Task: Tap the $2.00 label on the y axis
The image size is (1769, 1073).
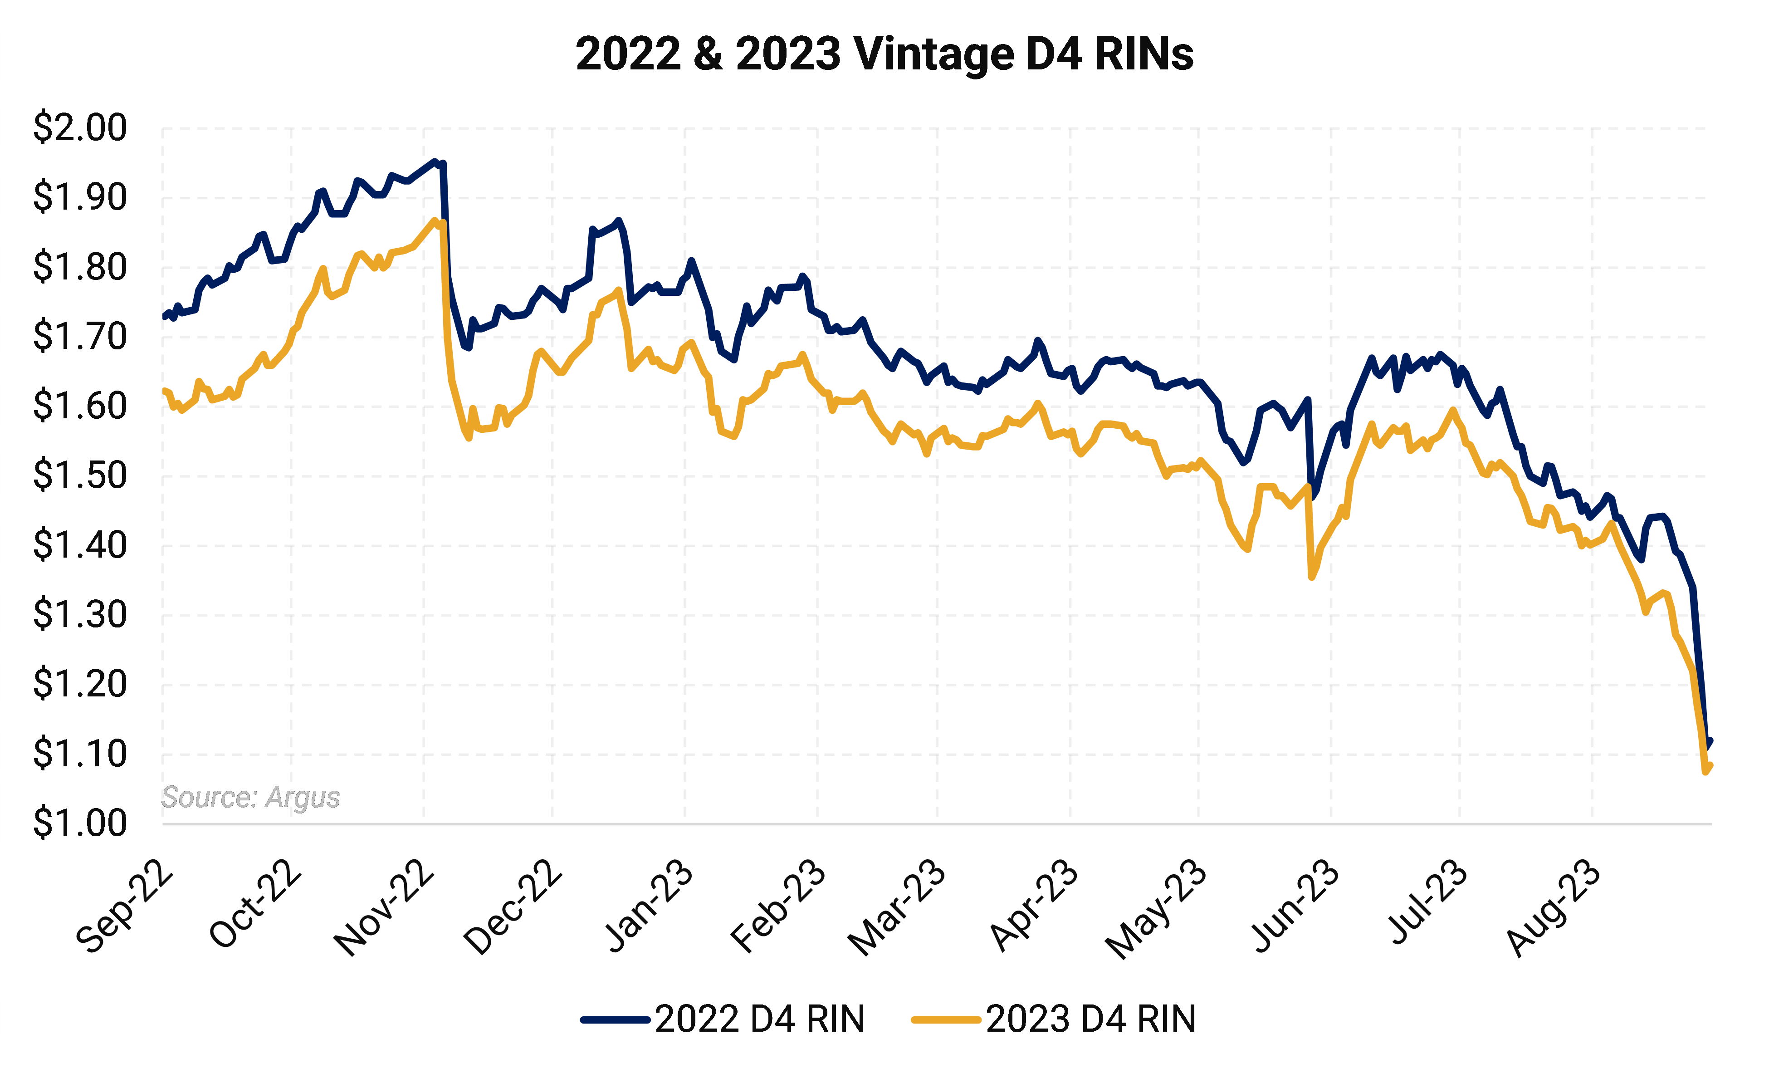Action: [80, 128]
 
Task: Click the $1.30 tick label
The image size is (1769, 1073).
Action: [80, 615]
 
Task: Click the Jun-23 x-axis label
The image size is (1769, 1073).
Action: [1296, 906]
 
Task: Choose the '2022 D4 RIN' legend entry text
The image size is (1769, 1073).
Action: [760, 1019]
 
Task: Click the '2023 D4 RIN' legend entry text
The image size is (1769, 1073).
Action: [1090, 1019]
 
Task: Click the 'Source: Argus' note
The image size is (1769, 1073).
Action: [250, 797]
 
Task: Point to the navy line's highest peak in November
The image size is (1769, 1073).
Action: [434, 162]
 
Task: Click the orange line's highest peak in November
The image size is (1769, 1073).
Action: [434, 220]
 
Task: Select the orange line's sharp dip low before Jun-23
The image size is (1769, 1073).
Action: [1312, 577]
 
